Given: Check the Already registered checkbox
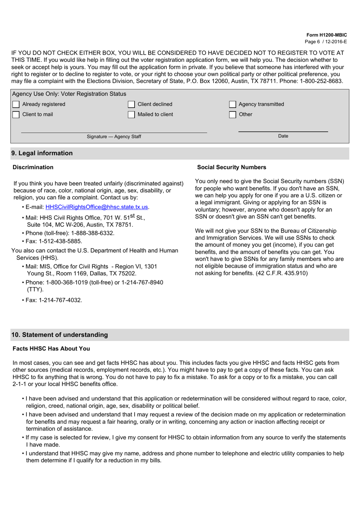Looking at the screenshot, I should click(x=16, y=104).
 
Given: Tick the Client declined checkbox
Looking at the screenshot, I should click(x=131, y=104).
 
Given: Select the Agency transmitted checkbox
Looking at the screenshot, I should click(x=233, y=104).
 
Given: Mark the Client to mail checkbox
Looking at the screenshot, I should click(x=16, y=115).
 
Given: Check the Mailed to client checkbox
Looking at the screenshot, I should click(x=131, y=115).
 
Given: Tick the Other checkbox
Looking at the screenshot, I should click(x=233, y=115).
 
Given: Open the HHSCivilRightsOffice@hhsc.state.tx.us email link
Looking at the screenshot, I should click(x=97, y=207).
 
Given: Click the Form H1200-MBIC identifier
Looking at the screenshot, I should click(x=327, y=35).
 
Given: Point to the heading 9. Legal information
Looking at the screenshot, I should click(x=42, y=153).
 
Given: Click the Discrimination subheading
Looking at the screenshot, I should click(x=33, y=167).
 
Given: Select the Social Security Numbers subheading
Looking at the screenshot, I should click(x=232, y=167).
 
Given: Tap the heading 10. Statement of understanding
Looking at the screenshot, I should click(x=59, y=335).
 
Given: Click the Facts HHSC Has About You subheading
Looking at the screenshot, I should click(x=51, y=349).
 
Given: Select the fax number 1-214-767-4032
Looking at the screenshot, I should click(x=60, y=300).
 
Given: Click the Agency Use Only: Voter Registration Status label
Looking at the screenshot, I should click(x=69, y=94).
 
